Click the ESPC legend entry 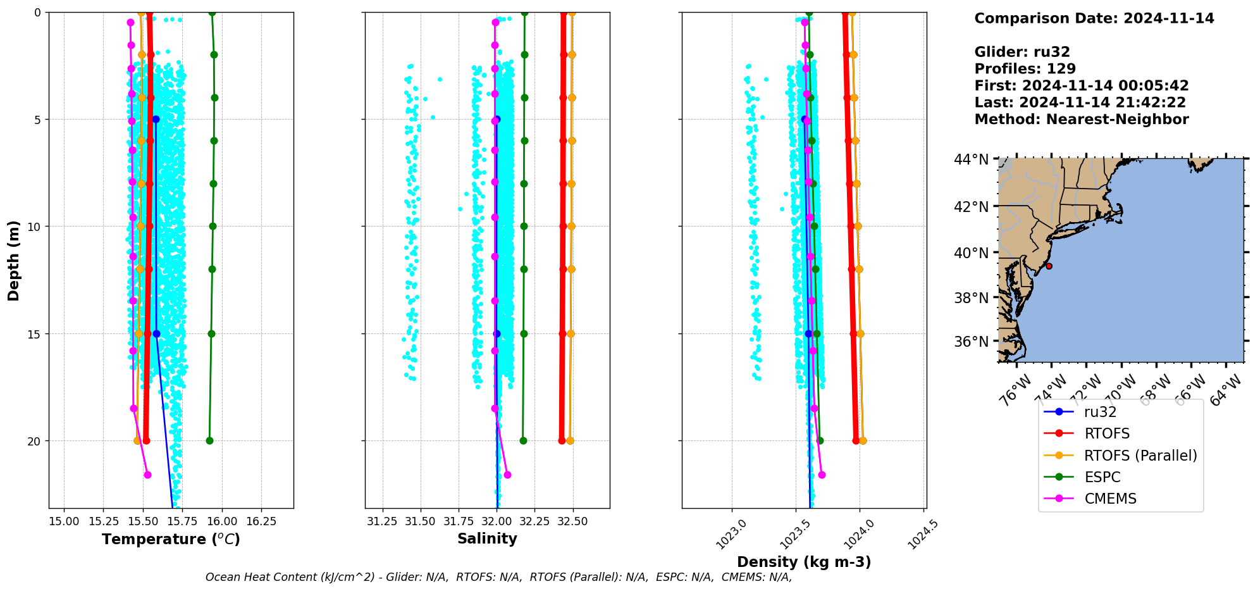click(x=1102, y=477)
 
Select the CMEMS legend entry click(x=1110, y=499)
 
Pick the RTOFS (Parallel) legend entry click(x=1140, y=456)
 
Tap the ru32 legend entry click(x=1100, y=412)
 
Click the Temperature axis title click(x=171, y=539)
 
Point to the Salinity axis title click(x=487, y=538)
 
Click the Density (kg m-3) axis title click(x=804, y=562)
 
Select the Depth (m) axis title click(x=14, y=260)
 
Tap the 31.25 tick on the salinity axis click(x=382, y=521)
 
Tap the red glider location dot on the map click(x=1049, y=266)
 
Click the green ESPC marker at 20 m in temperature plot click(x=209, y=441)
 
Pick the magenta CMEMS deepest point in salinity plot click(x=507, y=475)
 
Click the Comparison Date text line click(x=1094, y=18)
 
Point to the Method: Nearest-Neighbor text click(x=1081, y=120)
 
